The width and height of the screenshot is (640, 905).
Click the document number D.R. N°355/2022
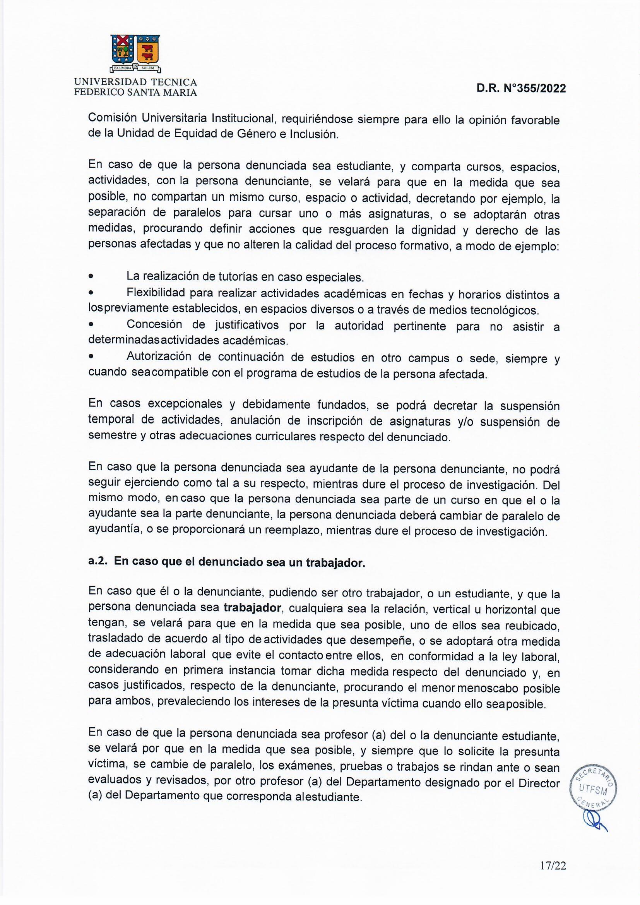pos(521,89)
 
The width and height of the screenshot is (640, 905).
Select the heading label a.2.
pos(99,562)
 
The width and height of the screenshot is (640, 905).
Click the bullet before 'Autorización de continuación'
pos(91,357)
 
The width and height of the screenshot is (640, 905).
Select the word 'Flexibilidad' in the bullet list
pos(156,293)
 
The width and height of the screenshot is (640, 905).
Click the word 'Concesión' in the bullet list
pos(154,325)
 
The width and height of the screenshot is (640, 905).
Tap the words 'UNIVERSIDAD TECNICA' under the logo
pos(135,82)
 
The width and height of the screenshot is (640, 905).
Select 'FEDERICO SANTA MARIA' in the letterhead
pos(135,93)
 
